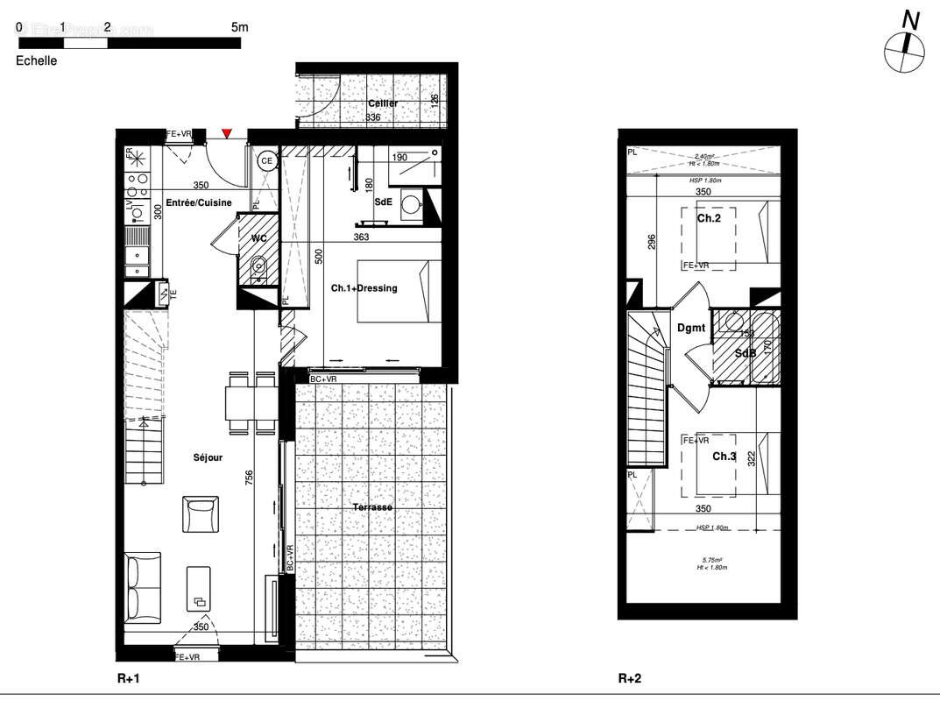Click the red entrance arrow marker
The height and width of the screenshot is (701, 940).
click(227, 133)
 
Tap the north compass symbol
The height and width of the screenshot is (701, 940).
click(903, 52)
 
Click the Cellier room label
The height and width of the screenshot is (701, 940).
click(382, 103)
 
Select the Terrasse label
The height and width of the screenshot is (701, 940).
click(372, 507)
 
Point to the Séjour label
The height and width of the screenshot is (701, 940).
click(208, 457)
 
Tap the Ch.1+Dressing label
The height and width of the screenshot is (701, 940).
click(364, 288)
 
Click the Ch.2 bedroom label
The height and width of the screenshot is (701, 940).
click(709, 218)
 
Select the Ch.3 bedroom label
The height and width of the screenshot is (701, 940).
click(724, 457)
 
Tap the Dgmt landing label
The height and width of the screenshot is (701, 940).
click(691, 328)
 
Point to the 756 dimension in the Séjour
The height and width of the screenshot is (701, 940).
click(250, 478)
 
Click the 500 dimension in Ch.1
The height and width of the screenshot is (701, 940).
click(319, 256)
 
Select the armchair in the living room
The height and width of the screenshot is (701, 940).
click(201, 513)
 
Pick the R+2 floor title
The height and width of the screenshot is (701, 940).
click(630, 678)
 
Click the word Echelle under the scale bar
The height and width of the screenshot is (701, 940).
click(37, 61)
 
